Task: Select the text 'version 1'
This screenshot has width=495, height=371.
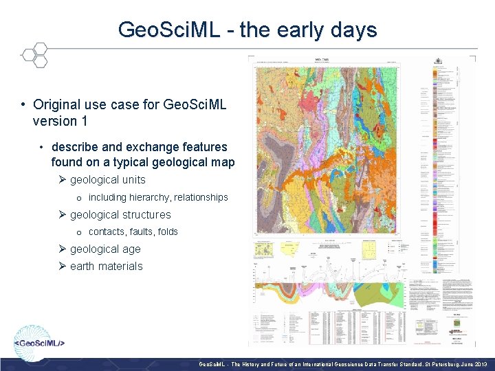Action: pos(55,121)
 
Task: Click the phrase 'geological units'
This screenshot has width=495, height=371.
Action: pos(107,180)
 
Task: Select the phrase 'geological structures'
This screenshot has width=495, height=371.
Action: pos(120,215)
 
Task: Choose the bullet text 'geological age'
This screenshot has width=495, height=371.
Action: pos(105,249)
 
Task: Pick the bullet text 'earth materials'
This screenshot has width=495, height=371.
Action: pos(106,267)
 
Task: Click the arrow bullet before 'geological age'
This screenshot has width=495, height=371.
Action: pos(62,249)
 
